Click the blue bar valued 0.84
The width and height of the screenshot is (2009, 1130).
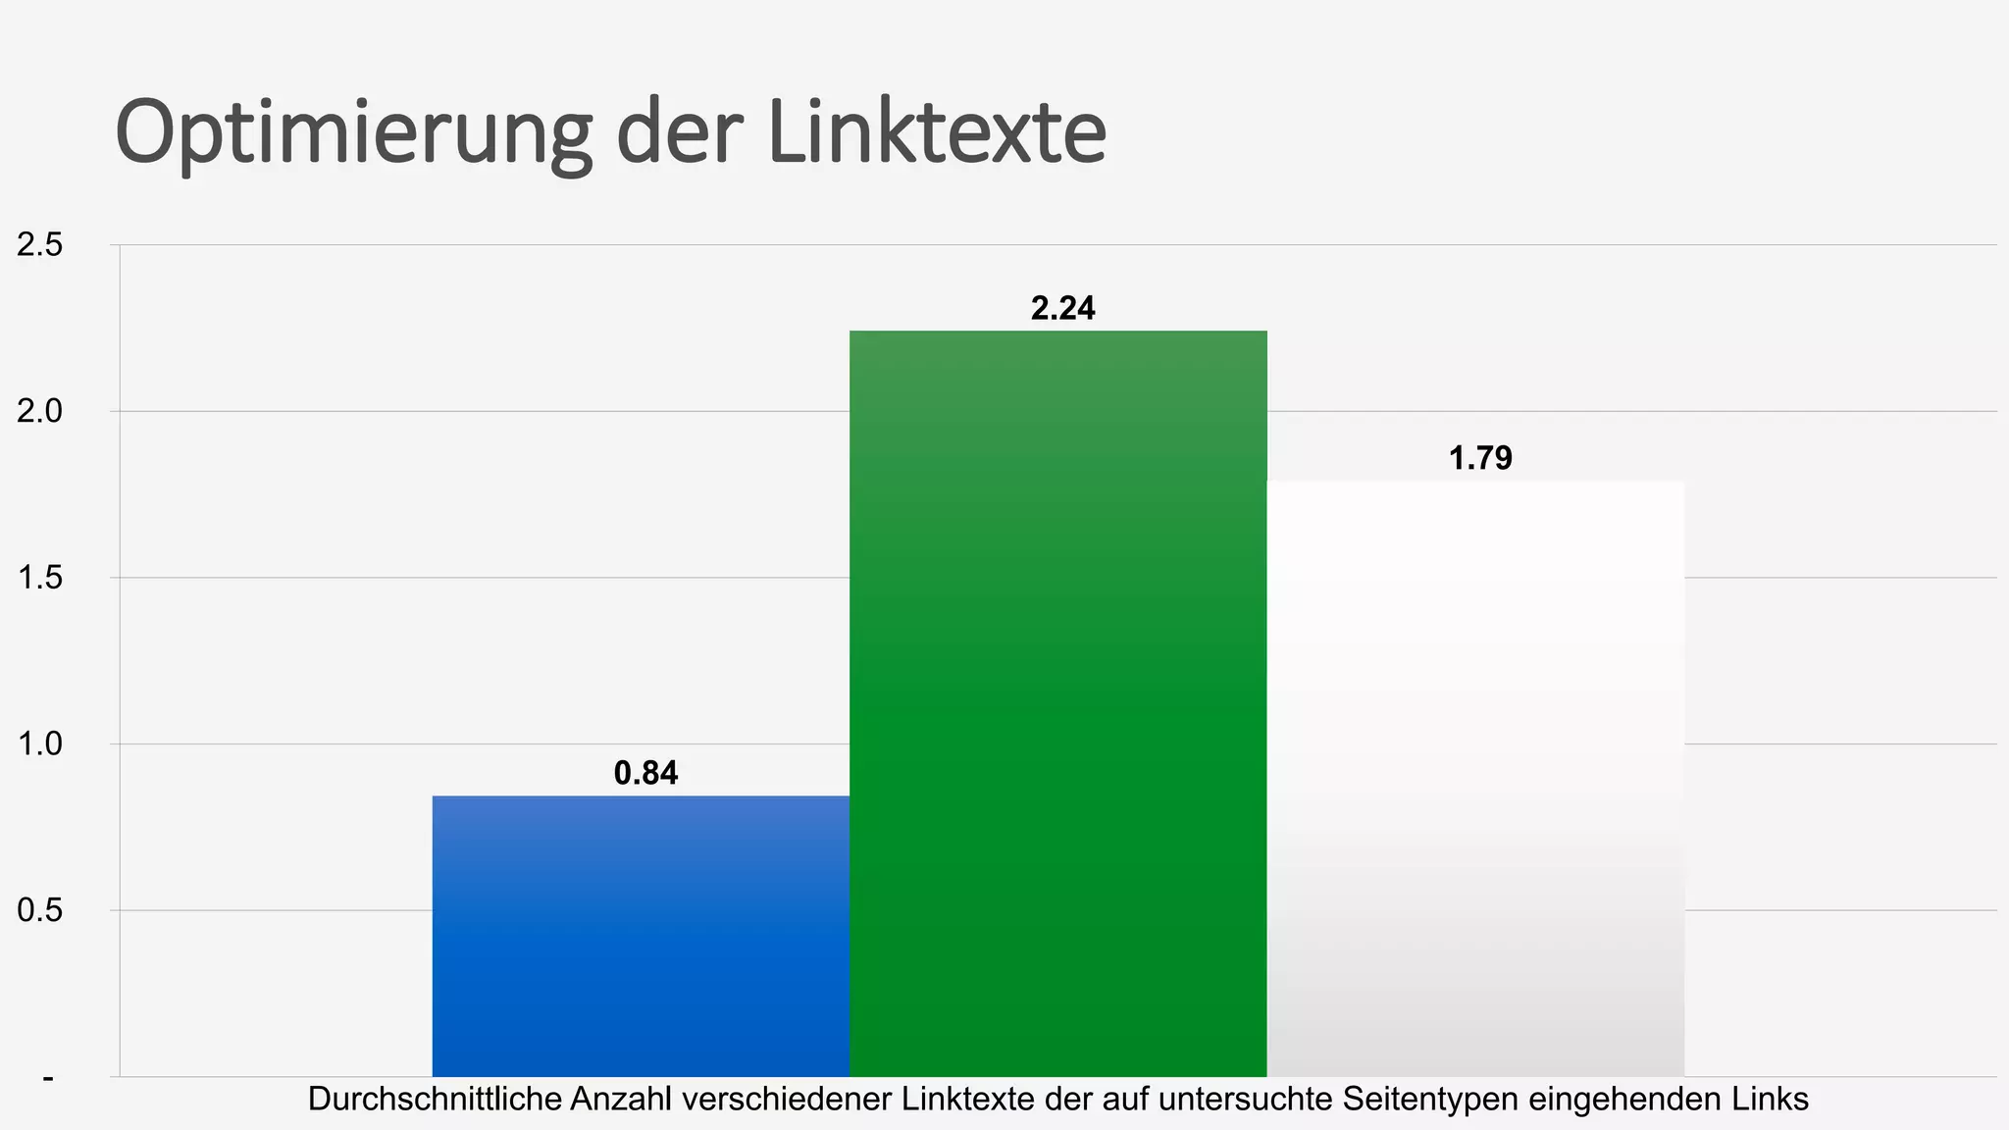641,937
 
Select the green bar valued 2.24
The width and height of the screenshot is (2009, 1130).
1057,703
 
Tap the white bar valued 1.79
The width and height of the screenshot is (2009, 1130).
1475,778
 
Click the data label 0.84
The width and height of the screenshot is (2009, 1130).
645,774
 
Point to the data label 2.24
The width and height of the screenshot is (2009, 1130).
1062,309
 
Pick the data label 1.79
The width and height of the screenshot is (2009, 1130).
1480,458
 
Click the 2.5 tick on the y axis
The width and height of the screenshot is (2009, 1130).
39,245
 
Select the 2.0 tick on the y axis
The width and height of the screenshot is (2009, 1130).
39,411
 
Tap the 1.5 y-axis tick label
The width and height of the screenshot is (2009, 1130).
39,578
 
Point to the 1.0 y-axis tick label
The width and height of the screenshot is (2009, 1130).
39,744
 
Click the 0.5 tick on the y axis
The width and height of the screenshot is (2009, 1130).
39,910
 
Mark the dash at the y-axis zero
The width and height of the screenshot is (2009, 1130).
48,1078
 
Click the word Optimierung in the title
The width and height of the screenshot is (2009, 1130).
353,134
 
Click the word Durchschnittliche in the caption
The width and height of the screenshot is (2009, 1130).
435,1100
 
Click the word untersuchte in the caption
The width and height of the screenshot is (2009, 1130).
1235,1100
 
